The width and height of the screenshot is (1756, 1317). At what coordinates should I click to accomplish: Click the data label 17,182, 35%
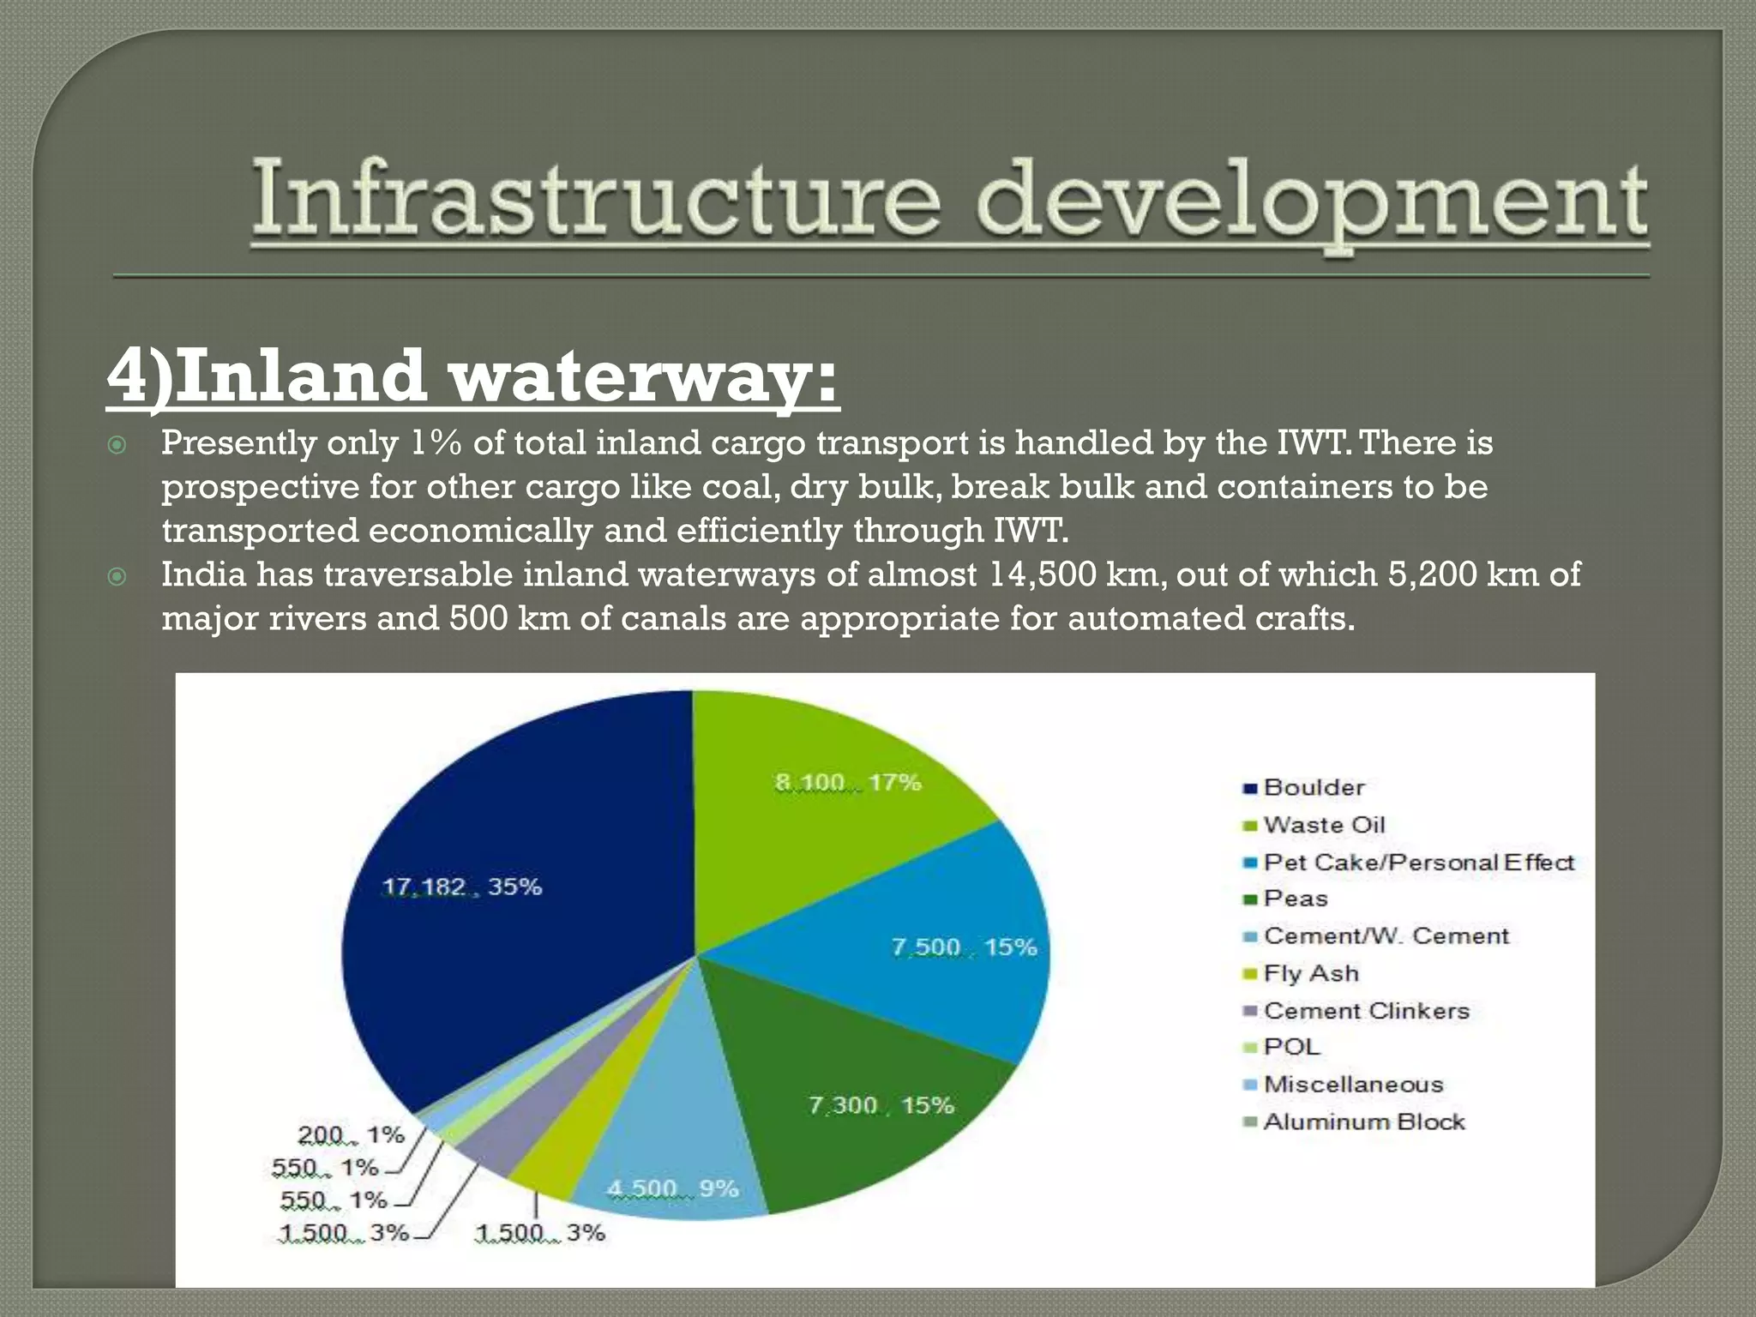point(461,887)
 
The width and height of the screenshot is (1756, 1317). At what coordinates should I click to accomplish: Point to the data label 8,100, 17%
point(847,783)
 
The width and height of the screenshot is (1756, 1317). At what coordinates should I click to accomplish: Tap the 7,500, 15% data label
point(963,947)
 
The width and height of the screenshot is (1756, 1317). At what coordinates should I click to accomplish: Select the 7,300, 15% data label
point(881,1105)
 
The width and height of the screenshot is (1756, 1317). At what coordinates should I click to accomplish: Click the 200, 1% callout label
point(351,1135)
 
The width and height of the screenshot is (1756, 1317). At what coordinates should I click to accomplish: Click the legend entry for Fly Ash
point(1310,974)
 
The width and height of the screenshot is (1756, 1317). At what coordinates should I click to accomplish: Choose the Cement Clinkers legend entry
point(1365,1011)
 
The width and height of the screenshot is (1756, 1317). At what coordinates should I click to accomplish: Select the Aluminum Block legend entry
point(1363,1122)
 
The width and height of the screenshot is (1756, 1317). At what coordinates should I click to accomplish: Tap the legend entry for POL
point(1291,1048)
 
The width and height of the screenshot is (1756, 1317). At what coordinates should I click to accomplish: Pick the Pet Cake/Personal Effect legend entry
point(1418,863)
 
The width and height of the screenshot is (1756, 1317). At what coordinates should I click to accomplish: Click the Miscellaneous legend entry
point(1353,1085)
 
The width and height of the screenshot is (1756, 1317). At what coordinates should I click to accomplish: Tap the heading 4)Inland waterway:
point(472,376)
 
